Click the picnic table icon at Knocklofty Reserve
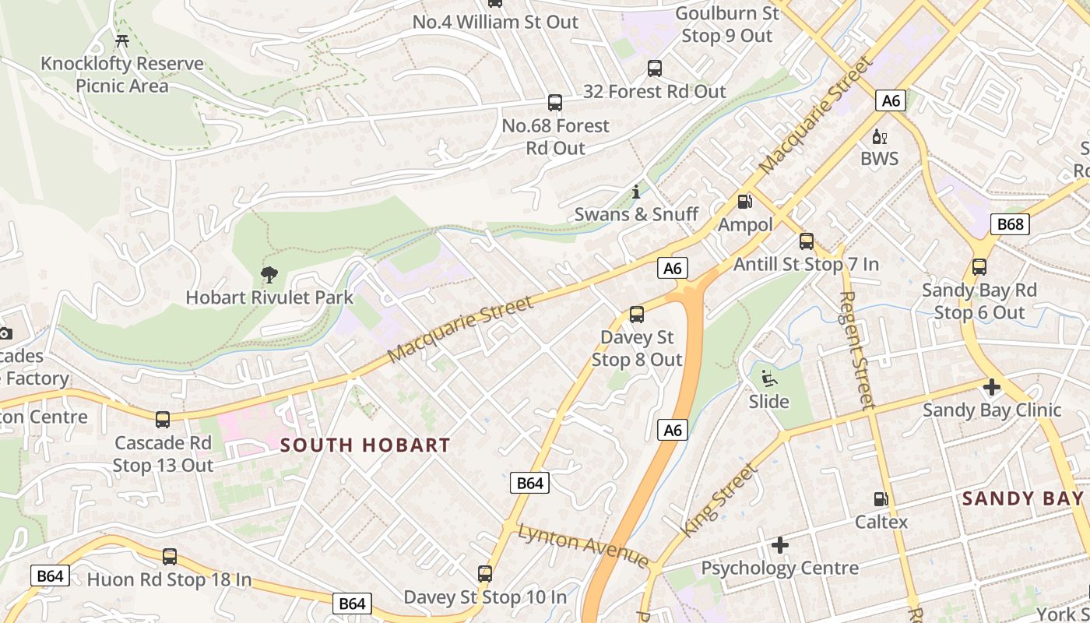point(121,40)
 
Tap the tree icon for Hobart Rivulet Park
point(269,274)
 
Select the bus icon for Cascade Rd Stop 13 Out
point(163,420)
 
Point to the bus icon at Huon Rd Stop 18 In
point(170,557)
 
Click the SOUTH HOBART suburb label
point(365,445)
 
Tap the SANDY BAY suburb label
point(1022,498)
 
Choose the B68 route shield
point(1010,224)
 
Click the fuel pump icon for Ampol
point(745,202)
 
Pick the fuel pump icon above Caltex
point(881,499)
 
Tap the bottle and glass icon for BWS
point(880,137)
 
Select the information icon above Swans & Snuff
point(636,192)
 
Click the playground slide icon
point(768,378)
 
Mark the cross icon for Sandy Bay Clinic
point(991,386)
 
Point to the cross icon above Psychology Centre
point(780,545)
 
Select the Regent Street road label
point(858,350)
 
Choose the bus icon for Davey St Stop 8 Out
point(637,315)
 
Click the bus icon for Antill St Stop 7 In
point(807,241)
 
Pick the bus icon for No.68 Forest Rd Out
point(555,103)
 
